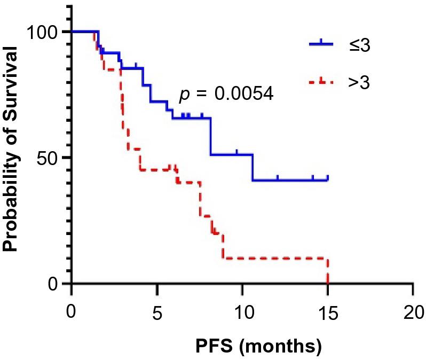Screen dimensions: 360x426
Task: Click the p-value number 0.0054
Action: coord(244,95)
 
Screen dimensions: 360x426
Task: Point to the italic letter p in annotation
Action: coord(184,96)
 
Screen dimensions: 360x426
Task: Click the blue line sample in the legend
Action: coord(321,43)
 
